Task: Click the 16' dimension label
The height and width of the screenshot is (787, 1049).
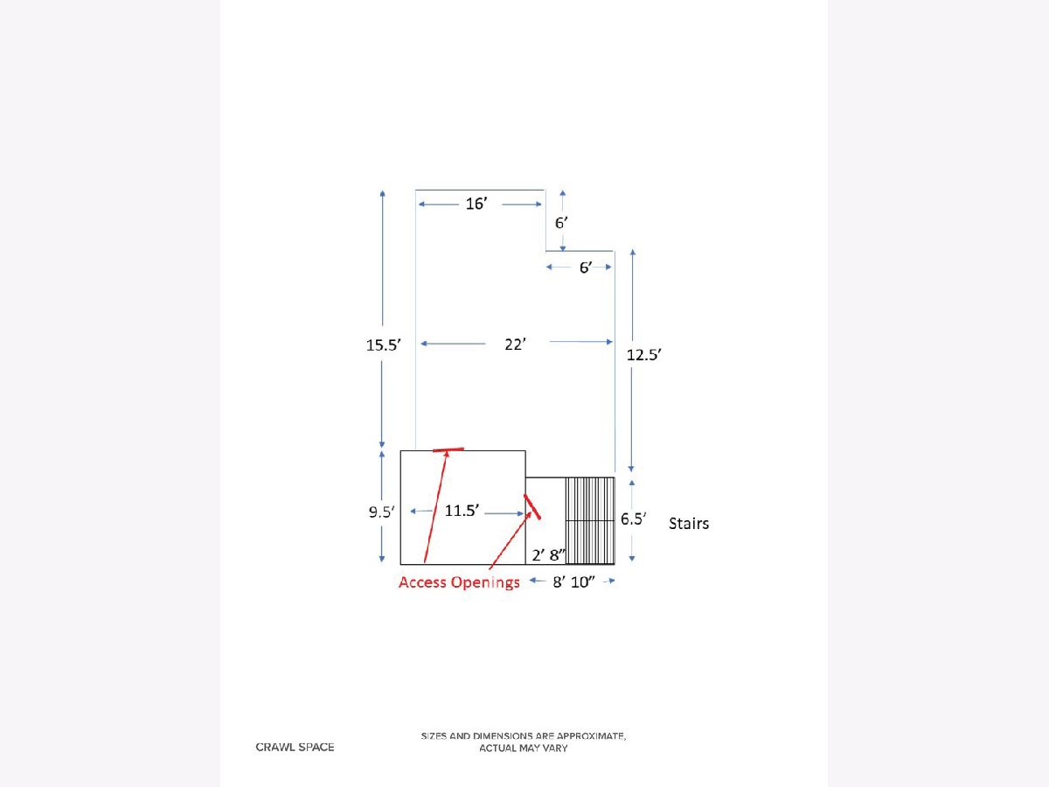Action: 476,204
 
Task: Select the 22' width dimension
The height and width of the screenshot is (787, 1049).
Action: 515,344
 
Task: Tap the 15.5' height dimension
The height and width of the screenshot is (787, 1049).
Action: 383,345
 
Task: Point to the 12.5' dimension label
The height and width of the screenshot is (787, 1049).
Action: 643,354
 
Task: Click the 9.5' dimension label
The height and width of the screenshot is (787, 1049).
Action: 381,512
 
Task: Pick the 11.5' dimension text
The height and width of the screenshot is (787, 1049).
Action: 462,511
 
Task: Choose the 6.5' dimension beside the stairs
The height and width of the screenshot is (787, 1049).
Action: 633,519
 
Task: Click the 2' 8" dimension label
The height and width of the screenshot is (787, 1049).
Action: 549,554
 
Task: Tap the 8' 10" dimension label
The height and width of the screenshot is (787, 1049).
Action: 573,582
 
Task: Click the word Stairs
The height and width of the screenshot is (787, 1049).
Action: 689,523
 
